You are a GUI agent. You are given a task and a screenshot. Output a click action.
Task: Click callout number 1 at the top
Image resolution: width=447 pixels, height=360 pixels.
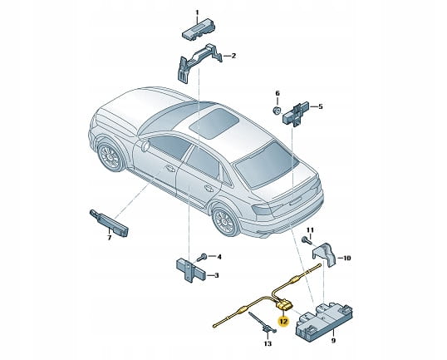[197, 12]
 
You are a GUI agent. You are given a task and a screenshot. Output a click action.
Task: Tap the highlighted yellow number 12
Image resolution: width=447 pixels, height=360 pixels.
[284, 322]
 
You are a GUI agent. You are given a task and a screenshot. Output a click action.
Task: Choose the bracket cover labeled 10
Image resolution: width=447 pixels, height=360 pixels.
[324, 254]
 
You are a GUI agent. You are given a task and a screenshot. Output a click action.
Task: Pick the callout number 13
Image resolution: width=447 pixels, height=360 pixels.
[268, 343]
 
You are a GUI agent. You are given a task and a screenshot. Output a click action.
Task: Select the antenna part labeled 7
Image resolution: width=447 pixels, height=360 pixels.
[109, 223]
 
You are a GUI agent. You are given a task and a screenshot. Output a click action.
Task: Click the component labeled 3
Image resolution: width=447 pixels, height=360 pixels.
[191, 269]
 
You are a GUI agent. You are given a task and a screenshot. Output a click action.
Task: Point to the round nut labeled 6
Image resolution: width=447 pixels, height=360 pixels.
[276, 110]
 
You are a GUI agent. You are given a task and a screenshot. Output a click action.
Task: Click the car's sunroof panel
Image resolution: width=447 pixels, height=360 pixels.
[215, 123]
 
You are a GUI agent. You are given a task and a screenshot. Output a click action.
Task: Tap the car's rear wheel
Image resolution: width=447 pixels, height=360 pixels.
[226, 222]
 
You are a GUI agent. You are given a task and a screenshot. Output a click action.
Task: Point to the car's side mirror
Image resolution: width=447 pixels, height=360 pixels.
[145, 145]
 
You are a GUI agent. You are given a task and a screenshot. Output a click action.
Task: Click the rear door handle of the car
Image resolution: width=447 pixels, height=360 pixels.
[209, 189]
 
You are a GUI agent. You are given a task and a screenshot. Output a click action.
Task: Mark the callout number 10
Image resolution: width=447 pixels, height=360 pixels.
[346, 258]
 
